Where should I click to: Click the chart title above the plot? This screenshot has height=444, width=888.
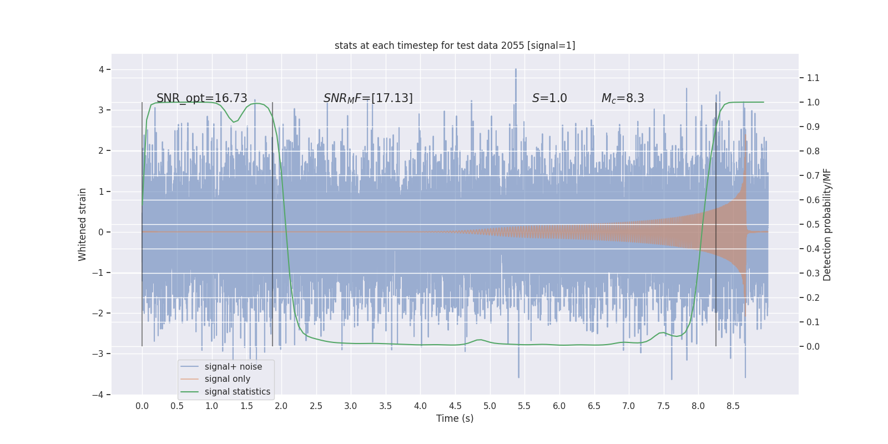click(455, 46)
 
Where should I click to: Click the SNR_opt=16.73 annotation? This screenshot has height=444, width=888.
click(201, 98)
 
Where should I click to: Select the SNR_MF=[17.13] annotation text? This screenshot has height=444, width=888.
click(368, 98)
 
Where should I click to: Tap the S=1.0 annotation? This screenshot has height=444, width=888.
click(549, 98)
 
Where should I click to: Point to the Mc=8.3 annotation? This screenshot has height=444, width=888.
click(623, 98)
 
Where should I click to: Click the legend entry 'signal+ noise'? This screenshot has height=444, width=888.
click(233, 367)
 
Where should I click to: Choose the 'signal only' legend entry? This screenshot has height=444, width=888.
click(227, 379)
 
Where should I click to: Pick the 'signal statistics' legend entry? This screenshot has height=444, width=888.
click(237, 392)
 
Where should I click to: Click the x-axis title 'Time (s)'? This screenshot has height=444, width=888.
click(455, 418)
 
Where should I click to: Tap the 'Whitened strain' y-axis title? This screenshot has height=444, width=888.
click(83, 224)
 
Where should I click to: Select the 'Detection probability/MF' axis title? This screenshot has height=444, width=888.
click(827, 224)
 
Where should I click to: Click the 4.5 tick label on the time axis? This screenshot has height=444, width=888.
click(455, 406)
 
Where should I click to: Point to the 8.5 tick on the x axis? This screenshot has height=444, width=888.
click(733, 406)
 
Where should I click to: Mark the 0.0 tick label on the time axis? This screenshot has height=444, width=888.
click(142, 406)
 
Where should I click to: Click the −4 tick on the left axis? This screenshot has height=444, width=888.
click(100, 395)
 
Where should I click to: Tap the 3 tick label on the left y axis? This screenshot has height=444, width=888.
click(102, 110)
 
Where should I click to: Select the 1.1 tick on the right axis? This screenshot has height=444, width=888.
click(813, 78)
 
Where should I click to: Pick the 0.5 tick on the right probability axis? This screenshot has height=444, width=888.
click(813, 224)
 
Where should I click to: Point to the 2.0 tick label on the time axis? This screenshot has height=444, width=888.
click(281, 406)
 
